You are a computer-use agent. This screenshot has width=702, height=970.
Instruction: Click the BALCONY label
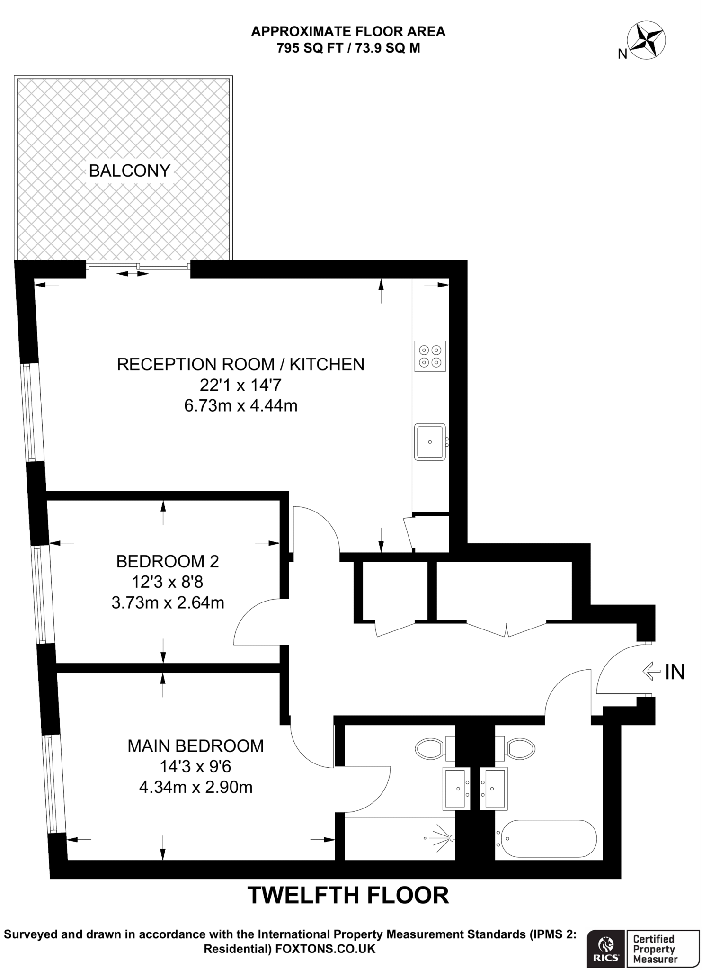tap(129, 171)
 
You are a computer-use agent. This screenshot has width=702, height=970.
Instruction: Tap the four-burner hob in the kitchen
tap(430, 356)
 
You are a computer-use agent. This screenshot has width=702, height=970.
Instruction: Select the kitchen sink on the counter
tap(430, 442)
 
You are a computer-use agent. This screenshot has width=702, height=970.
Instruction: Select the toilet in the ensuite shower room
tap(430, 748)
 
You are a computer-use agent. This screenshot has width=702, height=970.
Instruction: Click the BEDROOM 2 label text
tap(168, 561)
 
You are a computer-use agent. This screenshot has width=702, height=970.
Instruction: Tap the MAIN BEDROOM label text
tap(195, 745)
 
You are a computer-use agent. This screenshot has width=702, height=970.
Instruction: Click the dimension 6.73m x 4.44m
tap(240, 406)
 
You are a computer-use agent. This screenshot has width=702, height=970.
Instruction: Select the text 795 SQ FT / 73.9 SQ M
tap(348, 48)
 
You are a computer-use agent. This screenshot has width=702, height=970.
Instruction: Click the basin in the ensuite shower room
tap(456, 788)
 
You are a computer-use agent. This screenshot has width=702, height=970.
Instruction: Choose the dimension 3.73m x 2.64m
tap(168, 603)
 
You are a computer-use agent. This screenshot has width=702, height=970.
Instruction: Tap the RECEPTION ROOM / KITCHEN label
tap(240, 364)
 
